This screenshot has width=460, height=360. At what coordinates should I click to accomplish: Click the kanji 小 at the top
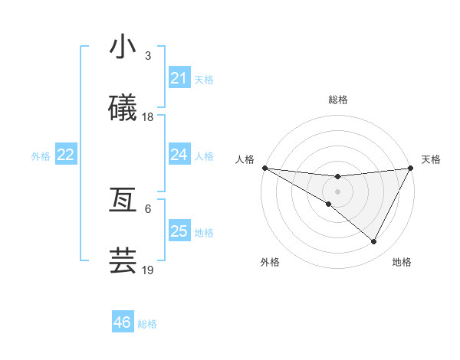[x=123, y=47]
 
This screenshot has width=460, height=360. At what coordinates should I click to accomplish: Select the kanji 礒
[x=123, y=109]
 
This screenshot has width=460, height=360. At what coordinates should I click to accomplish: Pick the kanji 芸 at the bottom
[x=123, y=261]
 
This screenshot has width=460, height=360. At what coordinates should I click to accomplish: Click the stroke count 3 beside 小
[x=148, y=56]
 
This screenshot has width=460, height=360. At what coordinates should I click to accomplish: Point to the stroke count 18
[x=148, y=117]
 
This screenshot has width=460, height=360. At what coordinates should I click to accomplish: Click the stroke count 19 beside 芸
[x=148, y=270]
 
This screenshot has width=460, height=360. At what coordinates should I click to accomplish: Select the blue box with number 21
[x=179, y=78]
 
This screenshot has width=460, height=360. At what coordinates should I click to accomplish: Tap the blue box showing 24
[x=179, y=155]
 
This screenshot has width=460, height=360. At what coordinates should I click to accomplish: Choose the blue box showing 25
[x=179, y=231]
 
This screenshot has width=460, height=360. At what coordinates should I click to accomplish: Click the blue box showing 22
[x=66, y=155]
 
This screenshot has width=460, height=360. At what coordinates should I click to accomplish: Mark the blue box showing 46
[x=122, y=322]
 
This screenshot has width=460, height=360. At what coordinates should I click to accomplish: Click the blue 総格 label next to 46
[x=147, y=324]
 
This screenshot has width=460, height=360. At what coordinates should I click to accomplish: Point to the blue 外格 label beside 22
[x=41, y=156]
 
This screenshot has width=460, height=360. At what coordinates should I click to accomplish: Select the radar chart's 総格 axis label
[x=337, y=100]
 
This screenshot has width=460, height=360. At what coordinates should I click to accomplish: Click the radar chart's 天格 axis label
[x=431, y=159]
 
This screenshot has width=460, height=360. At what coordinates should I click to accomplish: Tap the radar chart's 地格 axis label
[x=402, y=263]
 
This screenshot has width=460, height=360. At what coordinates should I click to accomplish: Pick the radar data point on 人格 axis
[x=264, y=168]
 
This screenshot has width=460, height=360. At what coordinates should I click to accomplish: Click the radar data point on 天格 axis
[x=411, y=168]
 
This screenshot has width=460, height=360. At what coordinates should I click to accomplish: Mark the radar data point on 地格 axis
[x=374, y=241]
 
